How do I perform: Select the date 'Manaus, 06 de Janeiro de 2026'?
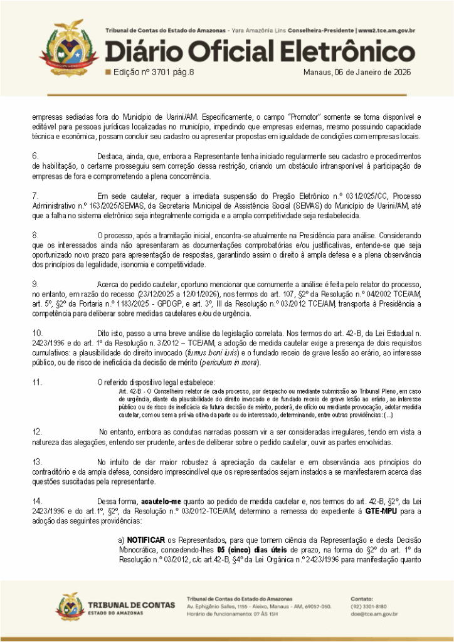356,72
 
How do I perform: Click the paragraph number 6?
35,155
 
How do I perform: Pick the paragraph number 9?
35,285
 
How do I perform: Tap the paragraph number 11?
37,382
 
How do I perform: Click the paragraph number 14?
37,501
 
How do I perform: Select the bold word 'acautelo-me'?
161,501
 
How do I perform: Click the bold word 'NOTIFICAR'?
146,539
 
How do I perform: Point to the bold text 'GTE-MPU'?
377,512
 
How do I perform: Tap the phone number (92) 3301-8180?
369,606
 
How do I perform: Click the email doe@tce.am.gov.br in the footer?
374,614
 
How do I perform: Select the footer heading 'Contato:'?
362,599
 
